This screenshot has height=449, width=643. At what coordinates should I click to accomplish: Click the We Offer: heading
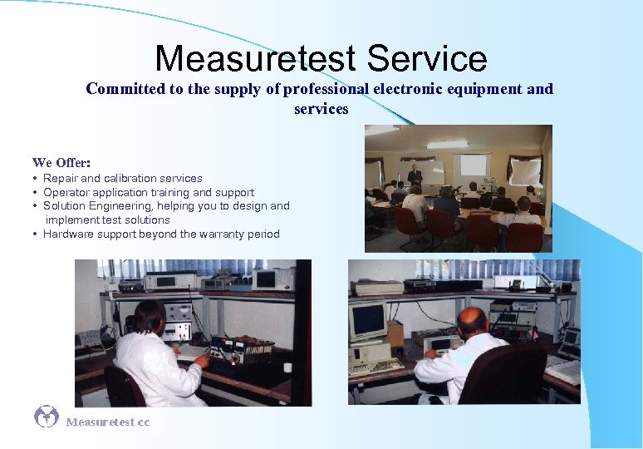tap(61, 162)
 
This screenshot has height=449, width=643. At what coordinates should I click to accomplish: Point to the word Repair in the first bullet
tap(59, 178)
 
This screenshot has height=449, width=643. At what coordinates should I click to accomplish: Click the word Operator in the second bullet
tap(65, 192)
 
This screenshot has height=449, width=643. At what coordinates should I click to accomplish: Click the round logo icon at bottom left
tap(47, 417)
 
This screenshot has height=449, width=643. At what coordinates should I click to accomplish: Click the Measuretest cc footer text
tap(108, 422)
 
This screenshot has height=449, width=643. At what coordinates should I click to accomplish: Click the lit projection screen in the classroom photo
tap(474, 166)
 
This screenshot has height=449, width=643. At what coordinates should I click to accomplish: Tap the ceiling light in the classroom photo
tap(447, 144)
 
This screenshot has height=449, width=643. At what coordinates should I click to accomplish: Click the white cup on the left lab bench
tap(287, 367)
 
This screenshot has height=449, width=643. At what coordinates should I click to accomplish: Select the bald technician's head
tap(472, 321)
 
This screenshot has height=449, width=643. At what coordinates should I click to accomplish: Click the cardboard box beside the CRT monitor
tap(396, 333)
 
